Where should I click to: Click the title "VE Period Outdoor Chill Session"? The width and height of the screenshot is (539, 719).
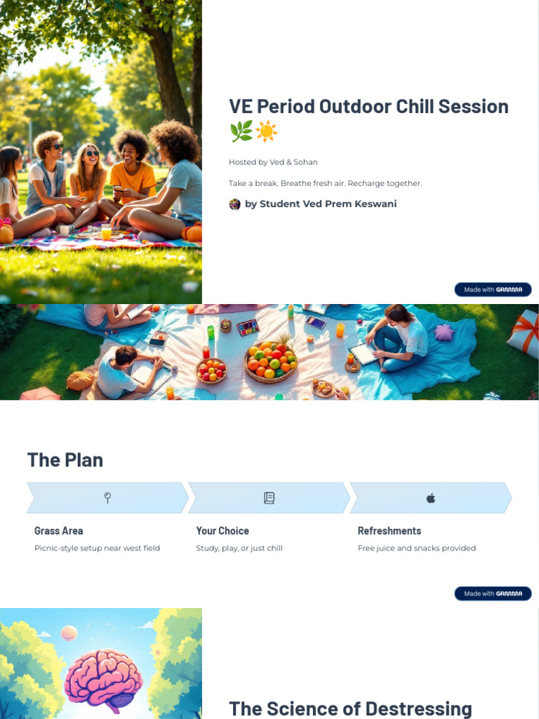pyautogui.click(x=368, y=107)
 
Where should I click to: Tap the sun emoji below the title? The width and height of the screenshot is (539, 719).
pyautogui.click(x=266, y=131)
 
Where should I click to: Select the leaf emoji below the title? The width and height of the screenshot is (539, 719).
pyautogui.click(x=241, y=131)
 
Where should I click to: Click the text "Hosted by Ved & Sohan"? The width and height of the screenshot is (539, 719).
pyautogui.click(x=273, y=162)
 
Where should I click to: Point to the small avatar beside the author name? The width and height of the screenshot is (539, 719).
pyautogui.click(x=235, y=204)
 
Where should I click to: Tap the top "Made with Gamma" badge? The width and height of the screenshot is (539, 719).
pyautogui.click(x=493, y=289)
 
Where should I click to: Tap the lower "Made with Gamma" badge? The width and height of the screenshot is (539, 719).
pyautogui.click(x=493, y=593)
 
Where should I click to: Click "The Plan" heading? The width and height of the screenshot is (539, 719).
pyautogui.click(x=65, y=460)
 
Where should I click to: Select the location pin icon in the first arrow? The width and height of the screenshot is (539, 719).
pyautogui.click(x=107, y=498)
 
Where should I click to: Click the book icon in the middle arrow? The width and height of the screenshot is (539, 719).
pyautogui.click(x=269, y=498)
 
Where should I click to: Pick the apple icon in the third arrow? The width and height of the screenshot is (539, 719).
pyautogui.click(x=431, y=498)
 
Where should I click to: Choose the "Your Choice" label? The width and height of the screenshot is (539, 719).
pyautogui.click(x=222, y=531)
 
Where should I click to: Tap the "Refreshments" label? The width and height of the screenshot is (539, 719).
pyautogui.click(x=390, y=531)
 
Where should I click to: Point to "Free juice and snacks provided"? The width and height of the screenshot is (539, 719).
pyautogui.click(x=417, y=548)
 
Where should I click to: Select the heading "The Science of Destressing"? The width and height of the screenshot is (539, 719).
pyautogui.click(x=350, y=708)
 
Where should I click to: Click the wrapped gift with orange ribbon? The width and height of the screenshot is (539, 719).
pyautogui.click(x=525, y=333)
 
